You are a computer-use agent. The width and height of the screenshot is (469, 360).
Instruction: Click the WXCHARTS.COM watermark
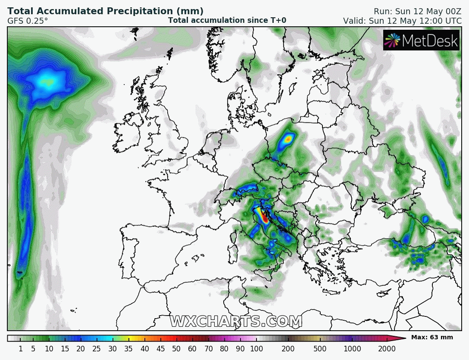(x=236, y=321)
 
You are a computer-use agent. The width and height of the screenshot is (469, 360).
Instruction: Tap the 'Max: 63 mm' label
(x=431, y=337)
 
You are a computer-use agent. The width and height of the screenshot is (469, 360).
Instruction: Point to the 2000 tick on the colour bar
(x=387, y=348)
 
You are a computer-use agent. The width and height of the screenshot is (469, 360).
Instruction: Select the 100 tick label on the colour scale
(x=256, y=348)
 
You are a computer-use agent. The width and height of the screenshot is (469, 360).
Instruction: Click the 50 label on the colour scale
(x=176, y=348)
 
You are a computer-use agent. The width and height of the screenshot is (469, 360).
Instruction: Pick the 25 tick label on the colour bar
(x=97, y=348)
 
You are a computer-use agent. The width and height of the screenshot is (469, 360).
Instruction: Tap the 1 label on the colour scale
(x=21, y=348)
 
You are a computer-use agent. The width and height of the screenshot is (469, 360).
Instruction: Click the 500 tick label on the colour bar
(x=320, y=348)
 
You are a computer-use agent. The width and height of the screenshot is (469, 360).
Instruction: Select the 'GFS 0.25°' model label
(x=28, y=21)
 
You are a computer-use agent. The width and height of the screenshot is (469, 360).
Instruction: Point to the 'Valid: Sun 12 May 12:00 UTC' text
(x=402, y=21)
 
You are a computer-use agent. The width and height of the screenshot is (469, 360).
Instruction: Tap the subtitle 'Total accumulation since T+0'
(x=227, y=20)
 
